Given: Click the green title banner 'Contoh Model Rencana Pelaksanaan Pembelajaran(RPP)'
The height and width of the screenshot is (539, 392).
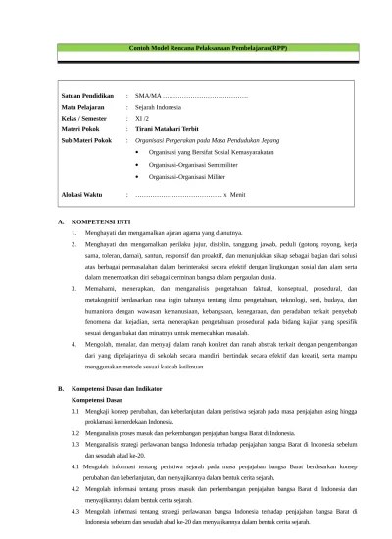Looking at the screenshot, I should (196, 49).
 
